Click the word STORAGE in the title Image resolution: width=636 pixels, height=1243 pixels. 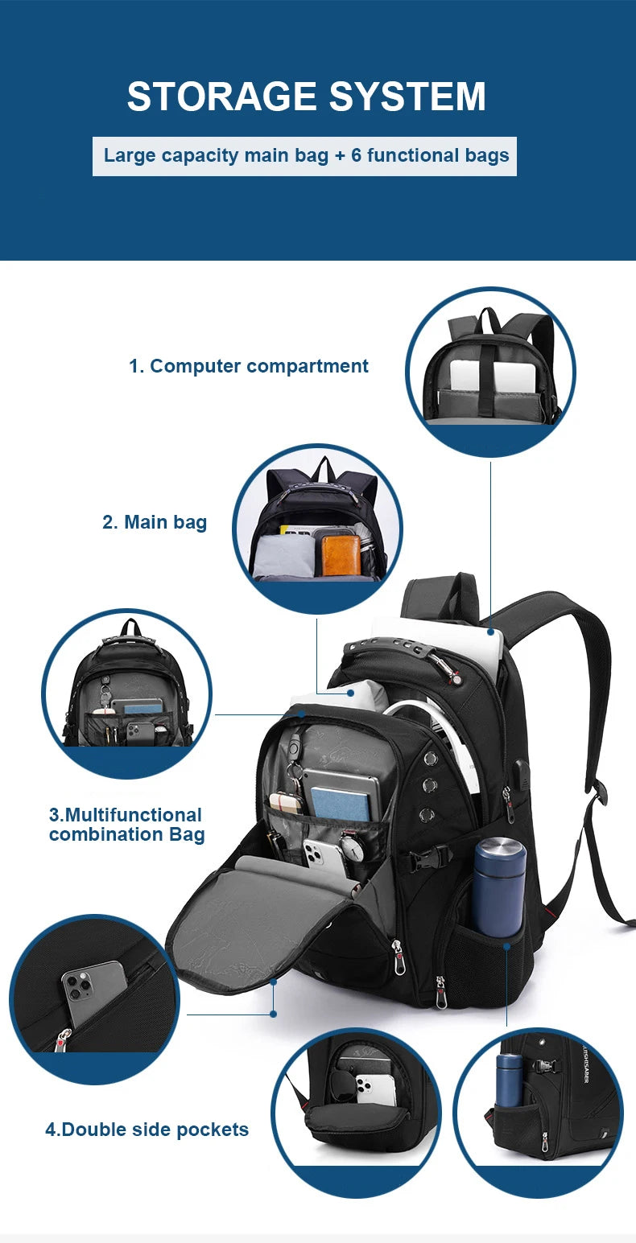214,97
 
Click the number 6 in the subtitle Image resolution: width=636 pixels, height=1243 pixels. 357,155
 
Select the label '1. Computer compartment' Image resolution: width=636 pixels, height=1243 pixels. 249,366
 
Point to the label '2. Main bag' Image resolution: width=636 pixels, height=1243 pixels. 155,522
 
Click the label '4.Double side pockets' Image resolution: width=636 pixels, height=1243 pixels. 147,1130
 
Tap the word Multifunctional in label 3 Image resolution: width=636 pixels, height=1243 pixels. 126,815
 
